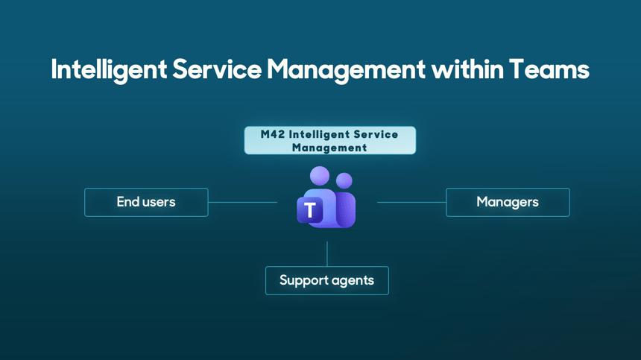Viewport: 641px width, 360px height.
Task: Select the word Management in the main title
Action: [345, 70]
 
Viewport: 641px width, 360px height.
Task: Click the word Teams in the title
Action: [549, 70]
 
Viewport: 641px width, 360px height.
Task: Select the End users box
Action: [146, 202]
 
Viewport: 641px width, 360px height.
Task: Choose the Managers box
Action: [508, 202]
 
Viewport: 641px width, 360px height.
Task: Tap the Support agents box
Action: [326, 280]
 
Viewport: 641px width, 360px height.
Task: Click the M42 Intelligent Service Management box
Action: [329, 141]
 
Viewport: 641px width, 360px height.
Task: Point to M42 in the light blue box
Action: [272, 135]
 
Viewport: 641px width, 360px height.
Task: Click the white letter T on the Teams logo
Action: [310, 211]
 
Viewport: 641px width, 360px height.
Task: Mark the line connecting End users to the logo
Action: [242, 202]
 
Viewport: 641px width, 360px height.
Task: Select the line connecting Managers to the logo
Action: [411, 202]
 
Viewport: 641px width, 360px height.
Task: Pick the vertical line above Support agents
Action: [327, 253]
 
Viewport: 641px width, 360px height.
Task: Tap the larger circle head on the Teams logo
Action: [320, 176]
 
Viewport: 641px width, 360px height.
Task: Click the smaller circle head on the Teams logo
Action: [344, 180]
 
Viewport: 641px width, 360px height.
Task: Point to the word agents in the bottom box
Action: [349, 281]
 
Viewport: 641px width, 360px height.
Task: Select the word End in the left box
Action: [127, 202]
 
